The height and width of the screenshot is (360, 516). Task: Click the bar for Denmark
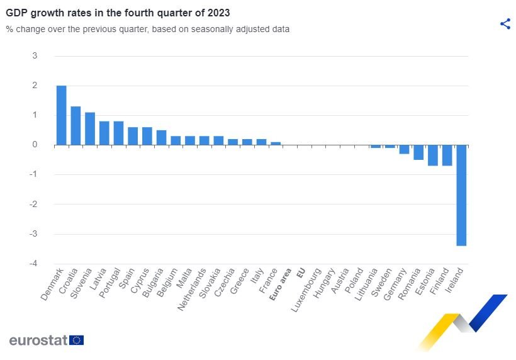pos(61,115)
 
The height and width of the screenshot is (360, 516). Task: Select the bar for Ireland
pos(461,195)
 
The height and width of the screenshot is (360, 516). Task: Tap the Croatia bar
pos(76,126)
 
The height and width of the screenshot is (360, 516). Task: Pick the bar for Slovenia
pos(90,128)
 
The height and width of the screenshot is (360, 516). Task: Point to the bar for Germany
pos(404,149)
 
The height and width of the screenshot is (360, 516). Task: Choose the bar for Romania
pos(418,152)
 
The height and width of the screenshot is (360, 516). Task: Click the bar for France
pos(276,143)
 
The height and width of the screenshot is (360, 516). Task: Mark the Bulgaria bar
pos(161,137)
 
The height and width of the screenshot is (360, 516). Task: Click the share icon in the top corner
pos(505,24)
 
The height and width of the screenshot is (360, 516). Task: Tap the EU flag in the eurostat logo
pos(77,340)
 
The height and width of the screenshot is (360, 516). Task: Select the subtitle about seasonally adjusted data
pos(148,29)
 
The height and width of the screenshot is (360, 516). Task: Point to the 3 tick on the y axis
pos(35,56)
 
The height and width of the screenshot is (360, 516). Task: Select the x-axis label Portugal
pos(111,285)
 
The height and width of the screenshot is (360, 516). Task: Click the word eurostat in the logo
pos(38,340)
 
